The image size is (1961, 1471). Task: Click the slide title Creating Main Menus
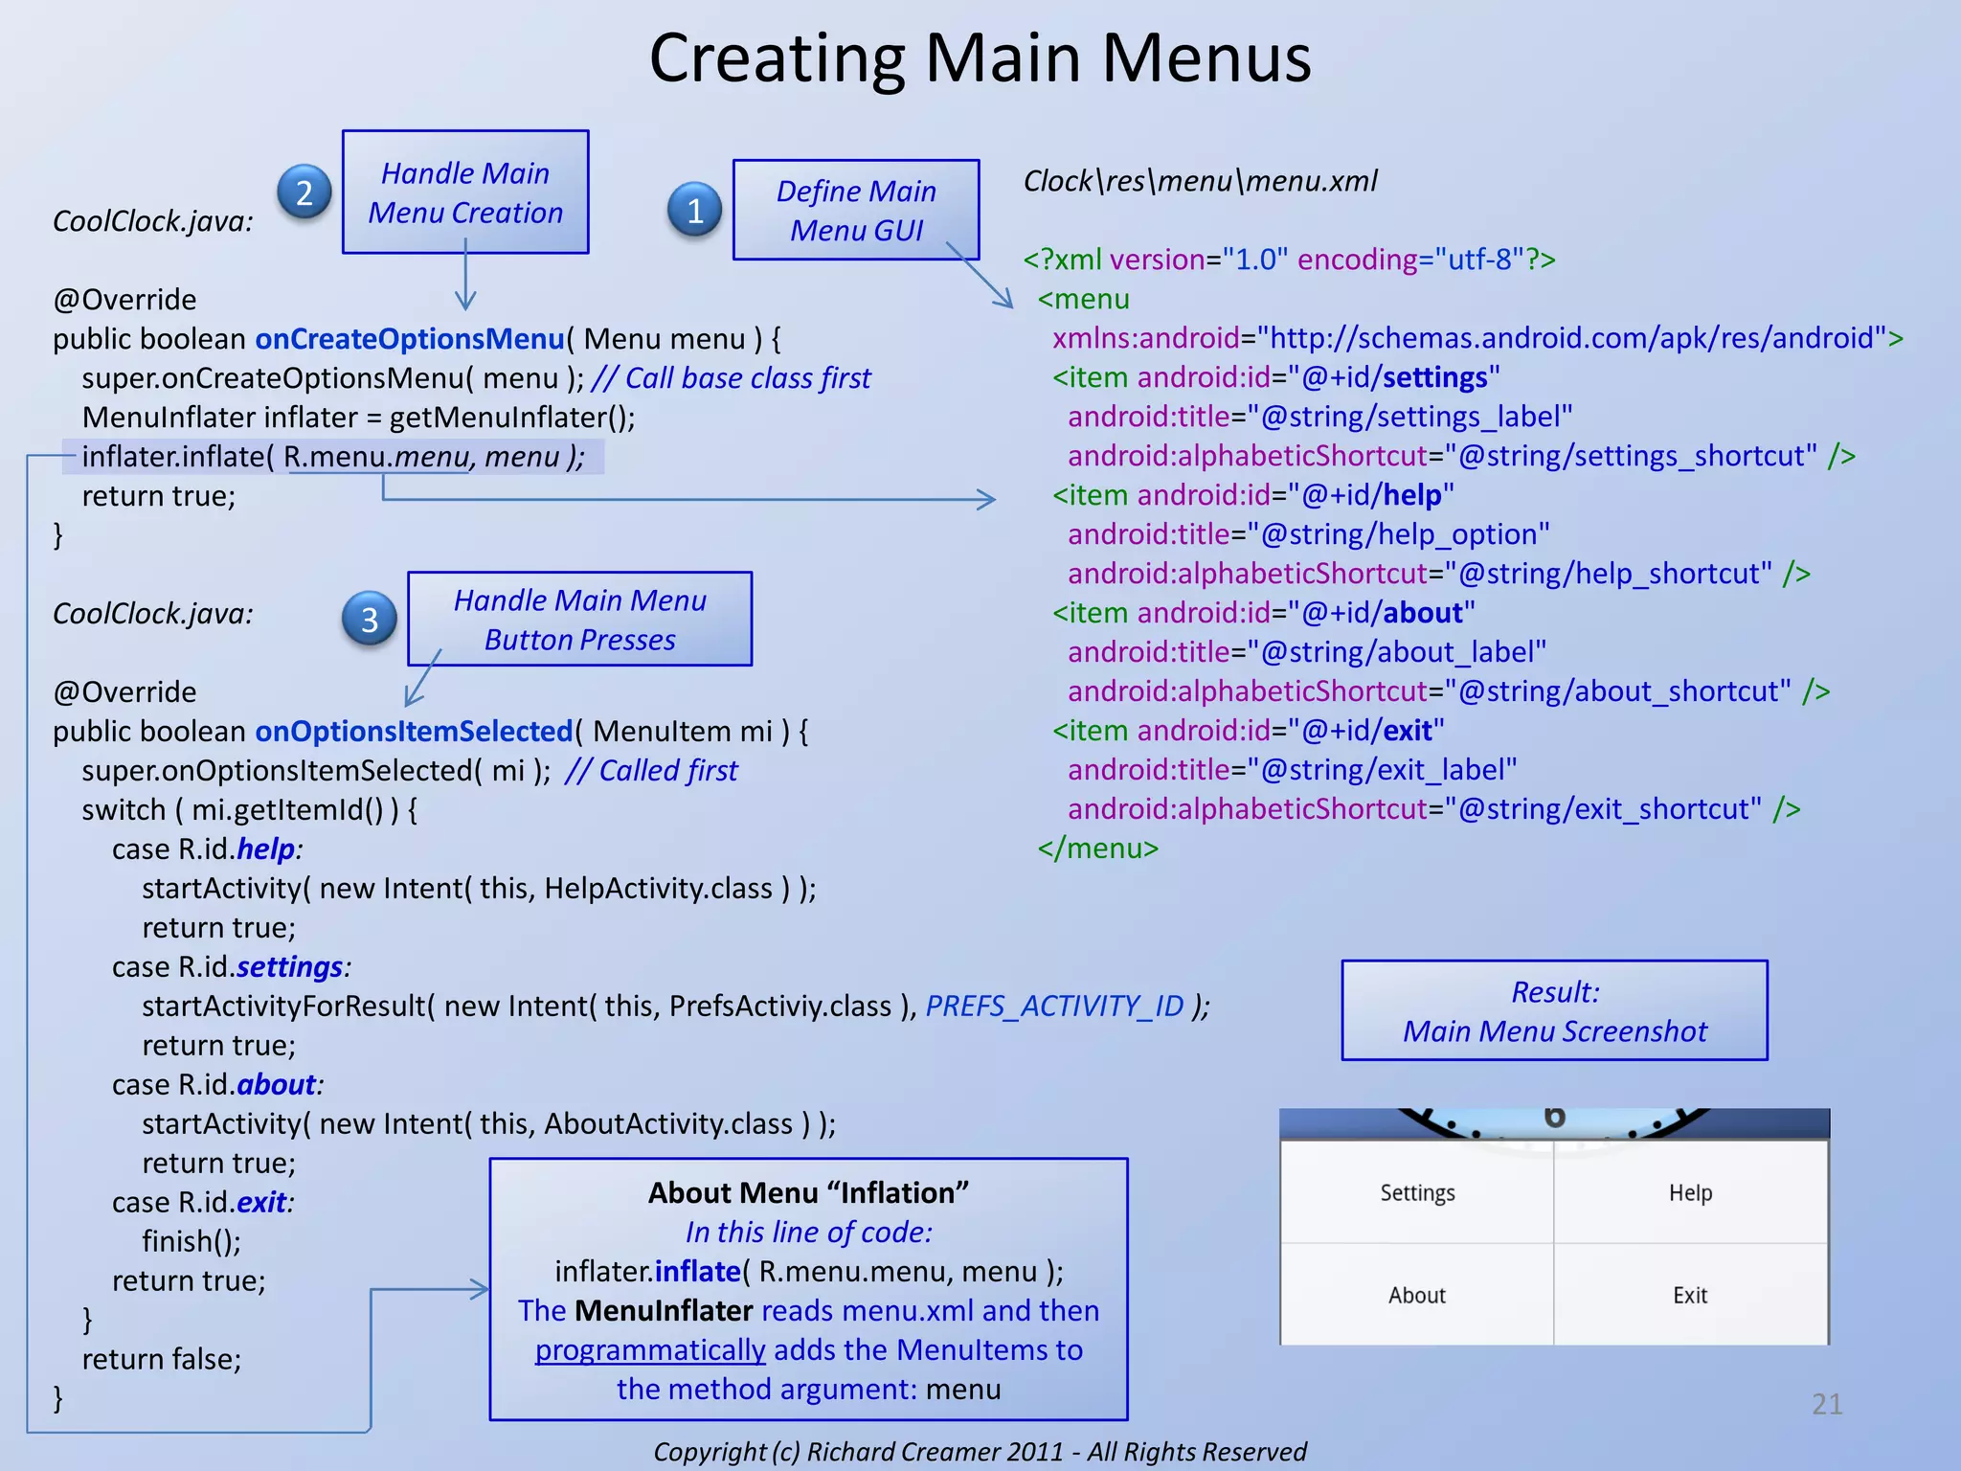coord(980,57)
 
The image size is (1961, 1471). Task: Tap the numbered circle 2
coord(304,192)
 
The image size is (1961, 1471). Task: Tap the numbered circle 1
coord(695,210)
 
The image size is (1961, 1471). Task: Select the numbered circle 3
coord(370,620)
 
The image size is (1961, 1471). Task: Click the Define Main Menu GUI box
coord(855,210)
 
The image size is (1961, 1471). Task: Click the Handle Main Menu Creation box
coord(465,192)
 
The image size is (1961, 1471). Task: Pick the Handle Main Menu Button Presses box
coord(579,619)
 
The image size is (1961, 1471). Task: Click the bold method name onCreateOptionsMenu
coord(410,339)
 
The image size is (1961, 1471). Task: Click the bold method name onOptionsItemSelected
coord(414,732)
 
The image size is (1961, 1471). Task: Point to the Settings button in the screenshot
coord(1417,1193)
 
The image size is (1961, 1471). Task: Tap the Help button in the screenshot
coord(1690,1193)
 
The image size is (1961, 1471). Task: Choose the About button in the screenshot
coord(1417,1296)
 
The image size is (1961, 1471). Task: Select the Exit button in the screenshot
coord(1690,1296)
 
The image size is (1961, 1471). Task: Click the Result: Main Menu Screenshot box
coord(1554,1011)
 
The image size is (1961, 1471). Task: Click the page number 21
coord(1827,1404)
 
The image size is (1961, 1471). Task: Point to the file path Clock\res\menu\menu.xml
coord(1200,181)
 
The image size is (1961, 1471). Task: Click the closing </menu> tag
coord(1098,849)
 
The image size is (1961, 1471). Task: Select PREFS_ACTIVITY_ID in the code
coord(1055,1007)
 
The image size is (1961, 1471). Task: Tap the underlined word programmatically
coord(650,1350)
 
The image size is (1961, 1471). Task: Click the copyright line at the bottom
coord(980,1452)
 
